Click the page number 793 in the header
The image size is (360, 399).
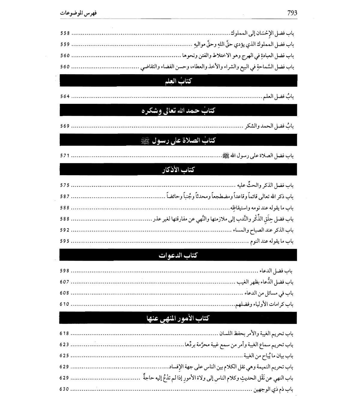click(292, 13)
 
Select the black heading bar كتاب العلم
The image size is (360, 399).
click(178, 81)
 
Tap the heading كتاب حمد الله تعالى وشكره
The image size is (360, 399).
click(178, 110)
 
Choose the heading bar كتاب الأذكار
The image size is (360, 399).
click(178, 169)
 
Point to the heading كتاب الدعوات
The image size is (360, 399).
click(178, 255)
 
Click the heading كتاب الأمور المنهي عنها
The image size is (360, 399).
click(178, 318)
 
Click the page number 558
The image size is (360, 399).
click(65, 33)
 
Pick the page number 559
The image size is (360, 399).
click(65, 44)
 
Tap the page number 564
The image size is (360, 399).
click(65, 96)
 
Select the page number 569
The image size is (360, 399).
click(65, 126)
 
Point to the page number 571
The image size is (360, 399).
click(65, 156)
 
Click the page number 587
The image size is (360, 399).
click(65, 196)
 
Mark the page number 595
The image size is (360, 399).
click(65, 241)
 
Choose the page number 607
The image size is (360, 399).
click(65, 282)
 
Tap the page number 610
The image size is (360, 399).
click(65, 304)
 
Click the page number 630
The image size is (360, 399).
click(65, 389)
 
